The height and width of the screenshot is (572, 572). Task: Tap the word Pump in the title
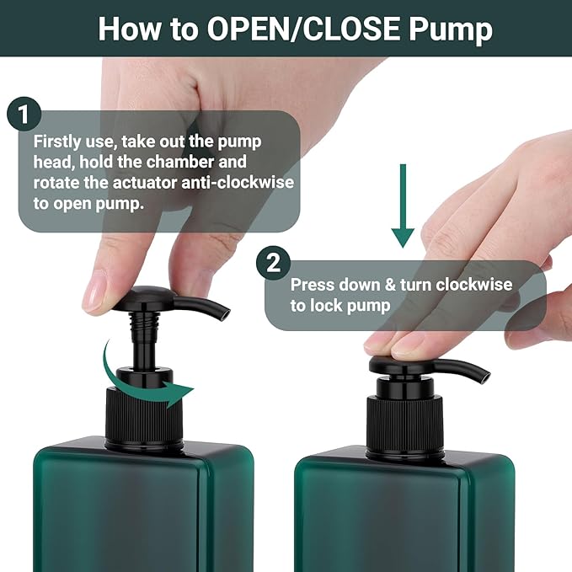click(x=451, y=29)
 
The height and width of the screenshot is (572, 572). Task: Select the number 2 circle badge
click(x=272, y=262)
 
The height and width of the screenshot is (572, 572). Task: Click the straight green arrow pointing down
click(x=404, y=206)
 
